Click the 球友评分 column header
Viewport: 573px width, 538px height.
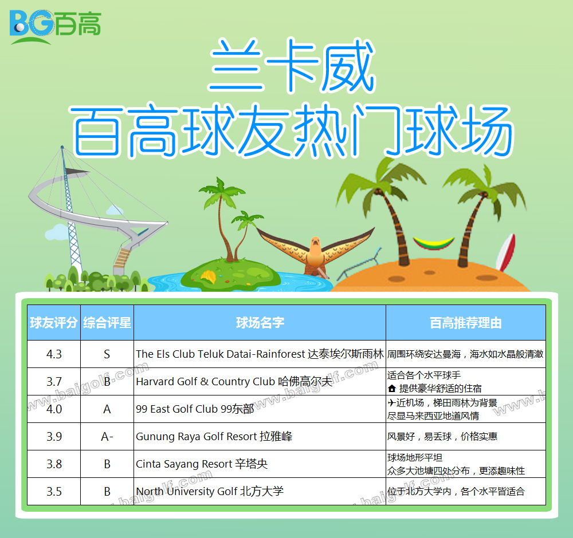click(x=54, y=323)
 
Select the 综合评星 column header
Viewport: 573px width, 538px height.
click(x=107, y=323)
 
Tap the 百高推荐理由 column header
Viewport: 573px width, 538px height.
click(x=465, y=323)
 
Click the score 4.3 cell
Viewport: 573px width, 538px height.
click(x=54, y=354)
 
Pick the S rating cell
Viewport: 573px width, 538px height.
click(x=107, y=354)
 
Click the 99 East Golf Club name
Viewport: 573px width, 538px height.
click(x=195, y=409)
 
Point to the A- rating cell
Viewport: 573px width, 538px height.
click(x=107, y=437)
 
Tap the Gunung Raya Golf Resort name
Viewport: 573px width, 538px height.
click(x=214, y=437)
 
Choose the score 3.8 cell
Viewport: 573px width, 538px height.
click(x=54, y=464)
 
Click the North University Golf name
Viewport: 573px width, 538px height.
click(x=209, y=491)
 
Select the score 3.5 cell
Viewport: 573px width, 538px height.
click(x=54, y=491)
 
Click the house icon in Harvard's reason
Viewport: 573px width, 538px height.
click(x=392, y=389)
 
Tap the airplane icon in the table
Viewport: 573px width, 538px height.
click(x=391, y=402)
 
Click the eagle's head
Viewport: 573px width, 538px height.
click(x=315, y=243)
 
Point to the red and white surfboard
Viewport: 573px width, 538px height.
click(x=506, y=252)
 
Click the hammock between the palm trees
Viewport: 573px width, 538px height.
click(x=434, y=243)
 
